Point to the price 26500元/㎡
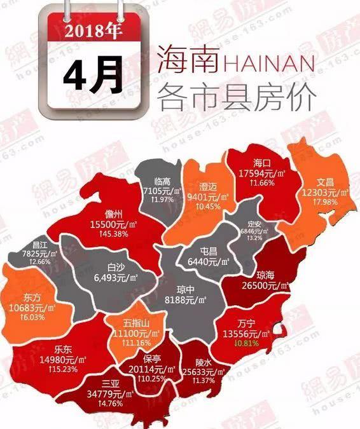pyautogui.click(x=260, y=285)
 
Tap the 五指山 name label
pyautogui.click(x=133, y=323)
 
